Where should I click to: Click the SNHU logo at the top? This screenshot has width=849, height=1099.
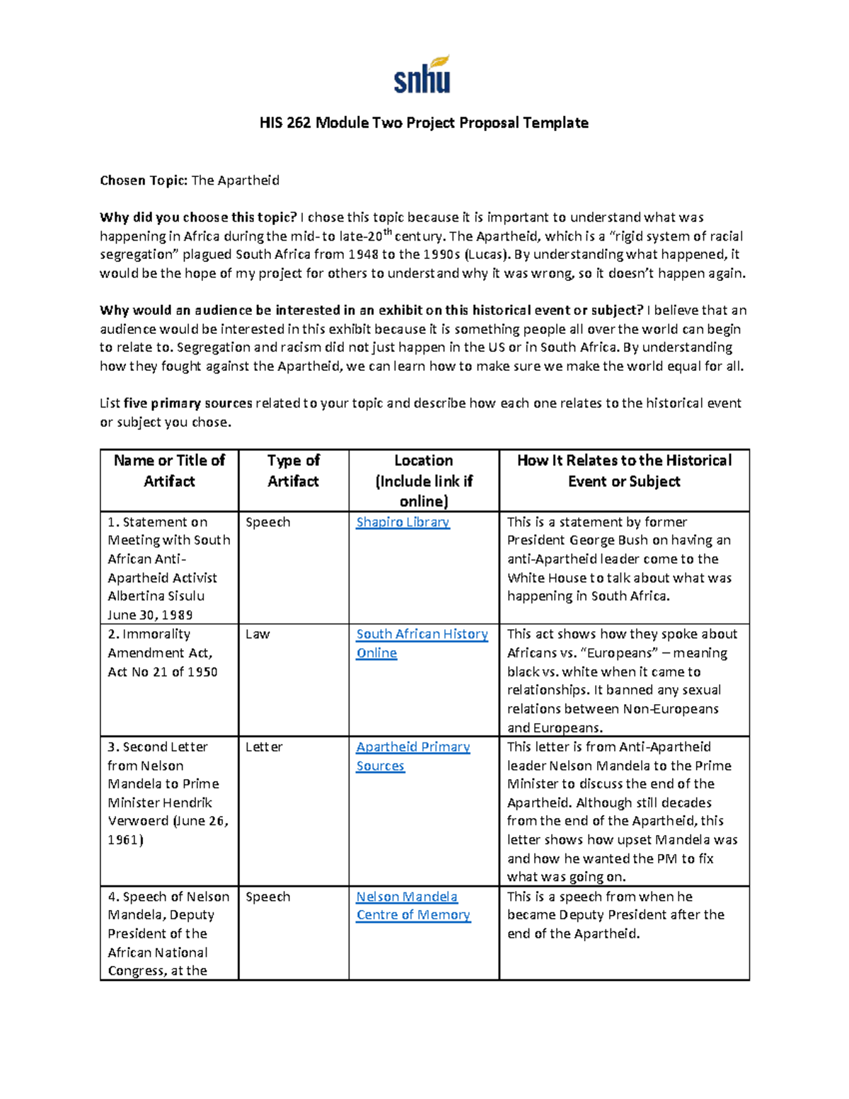point(422,75)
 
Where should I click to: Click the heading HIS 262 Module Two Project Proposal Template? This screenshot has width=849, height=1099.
point(424,123)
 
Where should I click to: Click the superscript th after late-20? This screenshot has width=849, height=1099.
point(387,231)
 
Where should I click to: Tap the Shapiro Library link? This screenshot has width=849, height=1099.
point(403,522)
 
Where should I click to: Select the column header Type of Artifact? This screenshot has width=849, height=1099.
point(293,471)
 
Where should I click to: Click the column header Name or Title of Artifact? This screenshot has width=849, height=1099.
point(169,471)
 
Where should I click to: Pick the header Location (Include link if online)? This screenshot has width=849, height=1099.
point(423,481)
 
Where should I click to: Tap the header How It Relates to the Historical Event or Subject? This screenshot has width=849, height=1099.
point(624,471)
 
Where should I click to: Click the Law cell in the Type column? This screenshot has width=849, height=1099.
point(258,635)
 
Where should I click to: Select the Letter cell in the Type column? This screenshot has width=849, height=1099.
point(264,747)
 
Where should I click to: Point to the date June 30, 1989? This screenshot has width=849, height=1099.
point(150,615)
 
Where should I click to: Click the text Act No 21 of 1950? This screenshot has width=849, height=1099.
point(163,672)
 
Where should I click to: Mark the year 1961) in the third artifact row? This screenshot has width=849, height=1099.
point(125,841)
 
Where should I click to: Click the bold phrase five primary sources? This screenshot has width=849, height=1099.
point(187,403)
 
